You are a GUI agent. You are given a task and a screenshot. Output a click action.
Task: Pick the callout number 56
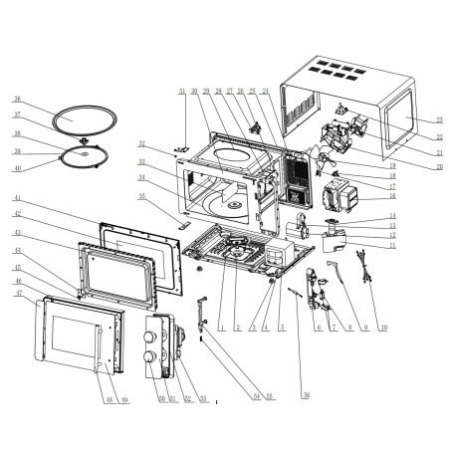(x=307, y=395)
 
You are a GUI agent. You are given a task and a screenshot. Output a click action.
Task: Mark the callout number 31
(x=182, y=93)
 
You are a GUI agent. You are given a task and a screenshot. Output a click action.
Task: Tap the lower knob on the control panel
(x=149, y=355)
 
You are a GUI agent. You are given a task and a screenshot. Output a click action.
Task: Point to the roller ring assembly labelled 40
(x=85, y=157)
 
